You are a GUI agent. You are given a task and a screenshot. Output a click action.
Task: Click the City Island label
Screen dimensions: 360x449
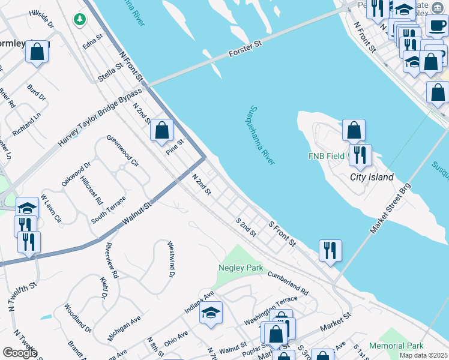[x=372, y=177]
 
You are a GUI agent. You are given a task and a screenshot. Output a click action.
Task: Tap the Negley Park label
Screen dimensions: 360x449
[x=238, y=268]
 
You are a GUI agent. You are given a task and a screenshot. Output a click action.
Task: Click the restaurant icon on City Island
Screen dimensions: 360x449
[x=360, y=155]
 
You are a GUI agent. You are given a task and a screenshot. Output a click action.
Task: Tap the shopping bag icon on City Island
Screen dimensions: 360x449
[x=354, y=130]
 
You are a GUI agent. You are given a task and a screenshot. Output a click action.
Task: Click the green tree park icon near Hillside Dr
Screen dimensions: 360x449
[x=79, y=20]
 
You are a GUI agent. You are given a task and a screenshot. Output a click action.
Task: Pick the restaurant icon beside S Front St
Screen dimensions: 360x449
[x=330, y=250]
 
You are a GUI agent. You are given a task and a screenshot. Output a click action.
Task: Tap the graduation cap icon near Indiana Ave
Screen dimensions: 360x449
[x=211, y=312]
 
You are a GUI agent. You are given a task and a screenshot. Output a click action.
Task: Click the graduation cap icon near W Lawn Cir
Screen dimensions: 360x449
[x=27, y=207]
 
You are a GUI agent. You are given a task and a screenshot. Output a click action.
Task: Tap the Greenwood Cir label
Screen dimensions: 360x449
[x=123, y=151]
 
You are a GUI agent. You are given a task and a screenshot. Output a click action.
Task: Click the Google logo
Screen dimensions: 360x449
[x=20, y=353]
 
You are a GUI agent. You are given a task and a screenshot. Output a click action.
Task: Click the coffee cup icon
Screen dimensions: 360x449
[x=436, y=25]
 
